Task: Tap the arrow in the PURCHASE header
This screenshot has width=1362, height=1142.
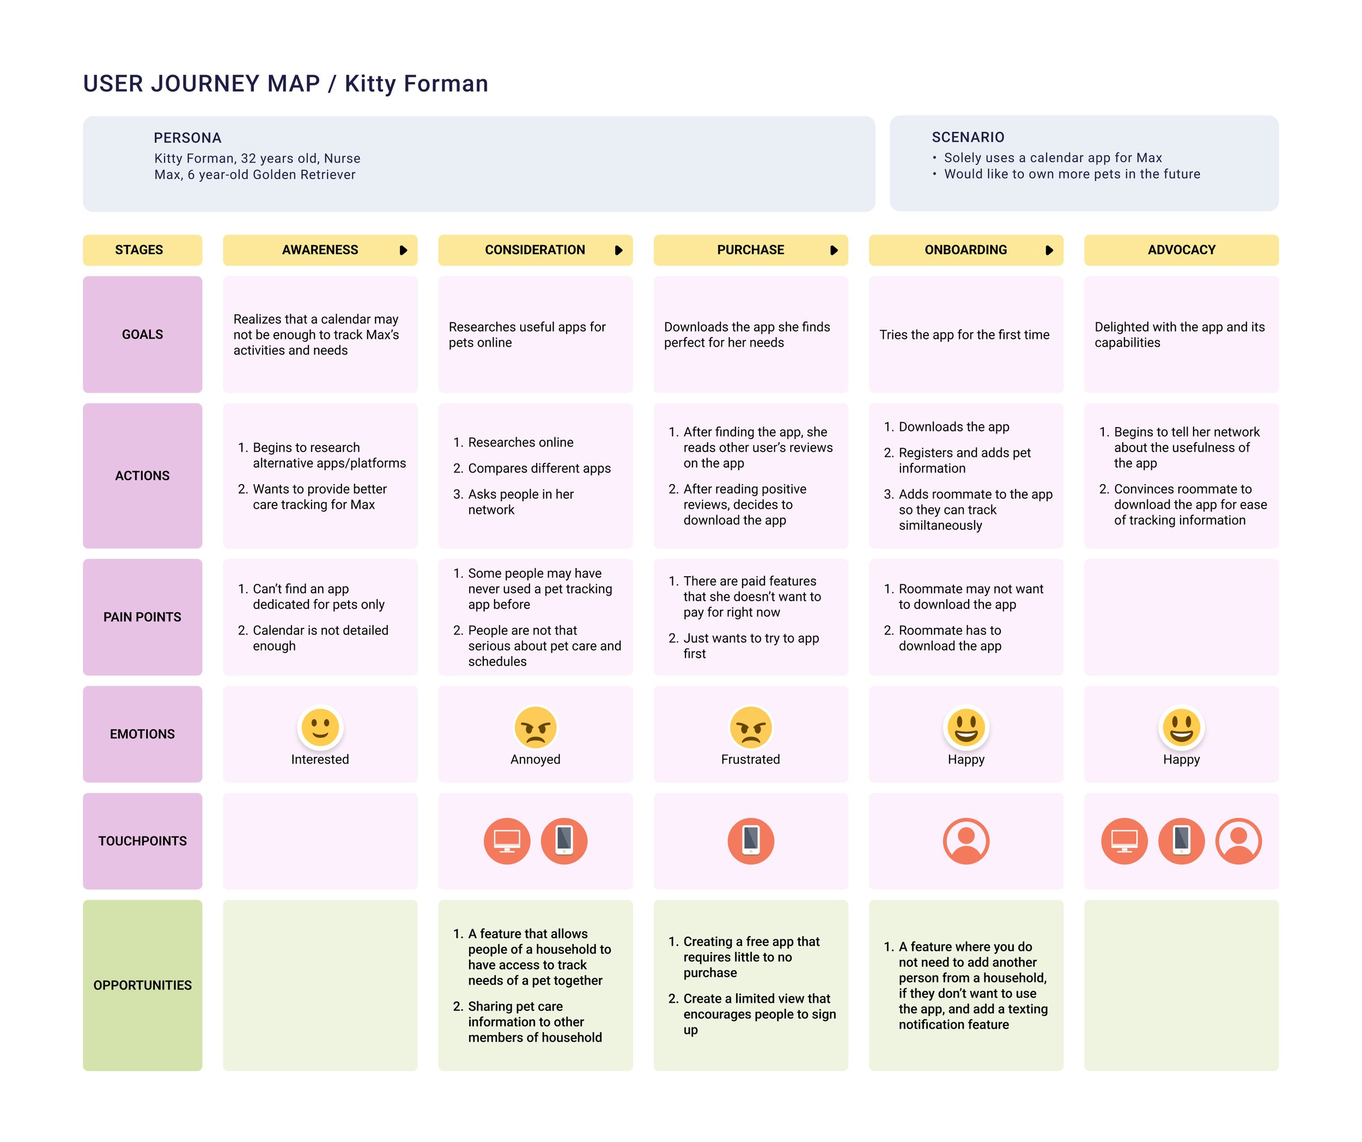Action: tap(834, 251)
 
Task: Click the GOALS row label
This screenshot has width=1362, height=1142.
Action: tap(142, 334)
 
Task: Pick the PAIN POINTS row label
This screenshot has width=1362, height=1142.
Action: tap(142, 616)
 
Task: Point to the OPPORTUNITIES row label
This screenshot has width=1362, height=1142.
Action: tap(142, 985)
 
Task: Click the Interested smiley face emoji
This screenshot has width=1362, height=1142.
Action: tap(320, 727)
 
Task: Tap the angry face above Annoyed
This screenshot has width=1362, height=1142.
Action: tap(535, 727)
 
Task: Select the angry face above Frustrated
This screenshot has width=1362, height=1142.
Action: tap(750, 727)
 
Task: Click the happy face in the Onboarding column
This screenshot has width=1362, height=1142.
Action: tap(966, 727)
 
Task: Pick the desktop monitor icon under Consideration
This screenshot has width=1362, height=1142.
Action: tap(507, 840)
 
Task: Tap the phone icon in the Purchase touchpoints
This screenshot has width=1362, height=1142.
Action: tap(750, 840)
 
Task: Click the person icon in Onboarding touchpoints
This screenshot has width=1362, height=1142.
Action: tap(966, 840)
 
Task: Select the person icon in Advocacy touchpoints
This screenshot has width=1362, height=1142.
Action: tap(1238, 840)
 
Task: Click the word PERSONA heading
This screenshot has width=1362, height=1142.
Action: tap(187, 137)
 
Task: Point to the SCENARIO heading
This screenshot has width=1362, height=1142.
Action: tap(968, 137)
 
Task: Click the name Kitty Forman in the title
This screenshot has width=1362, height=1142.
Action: tap(416, 84)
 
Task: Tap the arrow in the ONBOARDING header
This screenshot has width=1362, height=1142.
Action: tap(1049, 251)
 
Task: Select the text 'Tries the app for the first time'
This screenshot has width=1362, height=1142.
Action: tap(964, 334)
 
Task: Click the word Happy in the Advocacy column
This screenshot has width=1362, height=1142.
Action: tap(1181, 759)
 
